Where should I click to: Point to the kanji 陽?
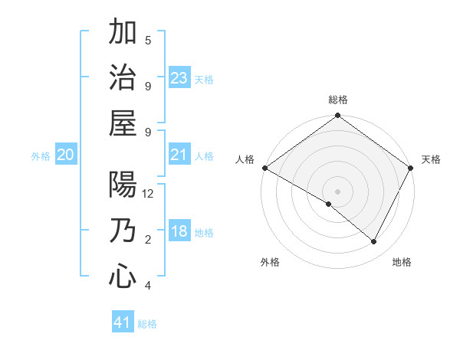(123, 185)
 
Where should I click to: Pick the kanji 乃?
(123, 231)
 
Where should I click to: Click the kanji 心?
(123, 275)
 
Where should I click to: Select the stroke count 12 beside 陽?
(149, 194)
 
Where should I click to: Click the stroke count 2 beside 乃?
(148, 240)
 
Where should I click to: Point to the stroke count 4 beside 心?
(148, 286)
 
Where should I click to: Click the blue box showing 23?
(179, 78)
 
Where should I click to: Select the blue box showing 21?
(179, 155)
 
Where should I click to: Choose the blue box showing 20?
(65, 155)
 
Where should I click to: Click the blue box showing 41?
(123, 322)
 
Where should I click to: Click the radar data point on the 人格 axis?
(264, 168)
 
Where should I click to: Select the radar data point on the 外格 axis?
(329, 204)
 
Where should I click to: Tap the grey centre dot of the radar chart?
(337, 191)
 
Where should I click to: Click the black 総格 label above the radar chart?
(337, 100)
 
